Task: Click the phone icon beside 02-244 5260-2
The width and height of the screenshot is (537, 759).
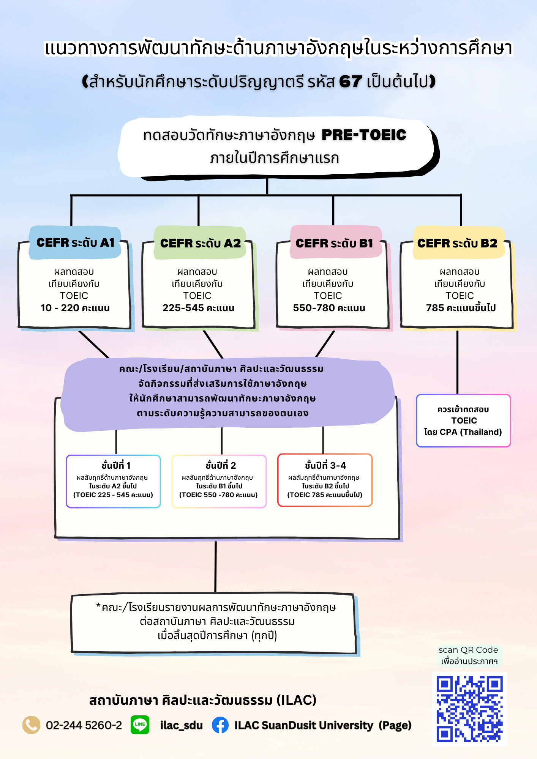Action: (31, 725)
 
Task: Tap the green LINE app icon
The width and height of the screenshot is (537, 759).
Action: (140, 724)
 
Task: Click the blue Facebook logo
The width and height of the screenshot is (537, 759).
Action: (220, 725)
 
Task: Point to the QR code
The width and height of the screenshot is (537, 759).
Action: (469, 709)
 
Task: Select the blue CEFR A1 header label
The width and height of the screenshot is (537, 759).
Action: (75, 243)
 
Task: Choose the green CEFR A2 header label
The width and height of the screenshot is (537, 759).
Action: (200, 243)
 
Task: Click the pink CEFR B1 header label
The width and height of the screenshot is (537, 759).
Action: (335, 243)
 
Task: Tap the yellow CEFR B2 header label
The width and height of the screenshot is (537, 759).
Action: (458, 243)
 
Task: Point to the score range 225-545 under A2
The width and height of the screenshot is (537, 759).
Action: (183, 308)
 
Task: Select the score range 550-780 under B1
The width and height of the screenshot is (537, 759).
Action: (314, 308)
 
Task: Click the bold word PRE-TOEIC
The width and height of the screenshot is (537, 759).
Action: (364, 135)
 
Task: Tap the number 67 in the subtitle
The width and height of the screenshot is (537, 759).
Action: (350, 82)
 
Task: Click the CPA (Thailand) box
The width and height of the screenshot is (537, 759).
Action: (463, 420)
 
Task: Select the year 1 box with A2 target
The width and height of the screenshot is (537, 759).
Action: (113, 481)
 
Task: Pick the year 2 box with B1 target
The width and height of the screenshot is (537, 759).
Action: (219, 481)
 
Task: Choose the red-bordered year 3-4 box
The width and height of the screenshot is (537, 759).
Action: (325, 480)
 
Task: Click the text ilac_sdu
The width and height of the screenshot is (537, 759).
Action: (181, 725)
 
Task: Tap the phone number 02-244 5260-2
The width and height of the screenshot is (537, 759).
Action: (84, 725)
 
